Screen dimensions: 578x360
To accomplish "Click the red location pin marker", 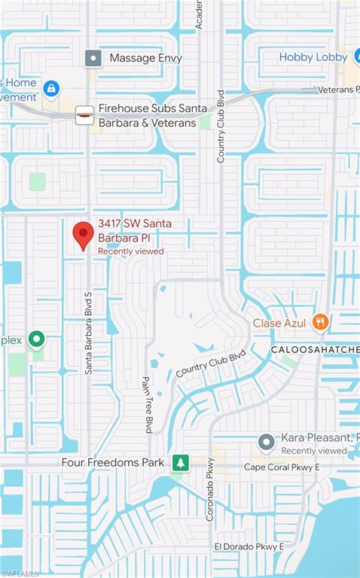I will tap(83, 235).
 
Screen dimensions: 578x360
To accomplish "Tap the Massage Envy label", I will tap(145, 58).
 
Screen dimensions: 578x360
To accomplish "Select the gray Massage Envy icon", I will tap(93, 58).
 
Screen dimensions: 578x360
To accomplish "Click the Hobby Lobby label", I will tap(313, 57).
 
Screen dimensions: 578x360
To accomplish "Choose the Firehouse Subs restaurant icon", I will tap(84, 114).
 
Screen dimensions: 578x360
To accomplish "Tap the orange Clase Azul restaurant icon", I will tap(321, 322).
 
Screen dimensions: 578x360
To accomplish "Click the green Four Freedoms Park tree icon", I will tap(179, 462).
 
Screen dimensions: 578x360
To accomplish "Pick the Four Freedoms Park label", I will tap(112, 462).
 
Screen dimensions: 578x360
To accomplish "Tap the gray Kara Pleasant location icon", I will tap(265, 442).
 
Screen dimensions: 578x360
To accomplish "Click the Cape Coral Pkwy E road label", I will tap(282, 467).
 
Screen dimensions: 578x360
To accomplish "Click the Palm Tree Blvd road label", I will tap(148, 404).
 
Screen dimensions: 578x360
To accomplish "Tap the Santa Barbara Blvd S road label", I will tap(88, 333).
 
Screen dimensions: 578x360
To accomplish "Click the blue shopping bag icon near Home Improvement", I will tap(51, 90).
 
